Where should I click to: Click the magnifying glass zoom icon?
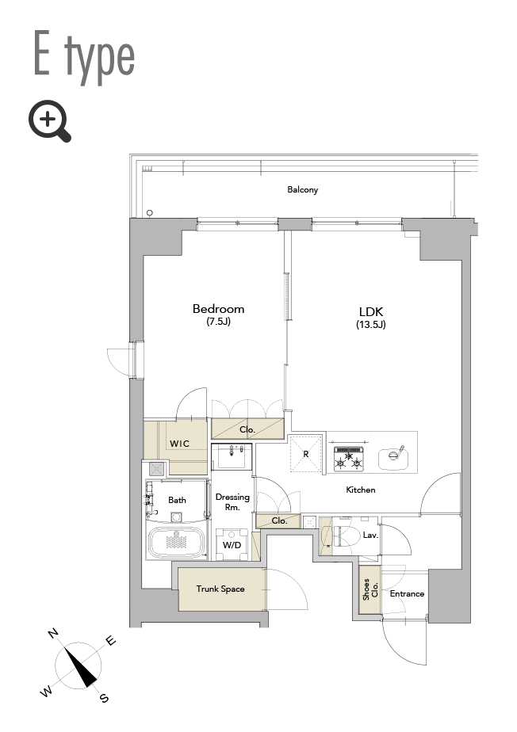point(48,120)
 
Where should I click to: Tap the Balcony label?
point(302,189)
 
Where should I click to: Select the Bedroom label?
point(218,309)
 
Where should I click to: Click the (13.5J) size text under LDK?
point(370,325)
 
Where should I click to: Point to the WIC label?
point(179,444)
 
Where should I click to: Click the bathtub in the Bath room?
point(176,543)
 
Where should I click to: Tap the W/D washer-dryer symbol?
point(232,544)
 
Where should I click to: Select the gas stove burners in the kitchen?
point(348,459)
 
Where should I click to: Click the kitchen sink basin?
point(393,459)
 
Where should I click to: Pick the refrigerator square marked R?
point(306,453)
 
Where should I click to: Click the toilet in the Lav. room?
point(345,535)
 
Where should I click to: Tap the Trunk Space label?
point(220,589)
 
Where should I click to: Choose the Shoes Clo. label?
point(370,589)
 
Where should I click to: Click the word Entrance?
point(407,594)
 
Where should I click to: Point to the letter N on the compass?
point(53,634)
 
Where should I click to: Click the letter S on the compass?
point(104,698)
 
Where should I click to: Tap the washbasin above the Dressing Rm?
point(232,456)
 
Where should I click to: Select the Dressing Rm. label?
point(232,501)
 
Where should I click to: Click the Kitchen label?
point(361,490)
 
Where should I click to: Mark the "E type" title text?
point(85,57)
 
